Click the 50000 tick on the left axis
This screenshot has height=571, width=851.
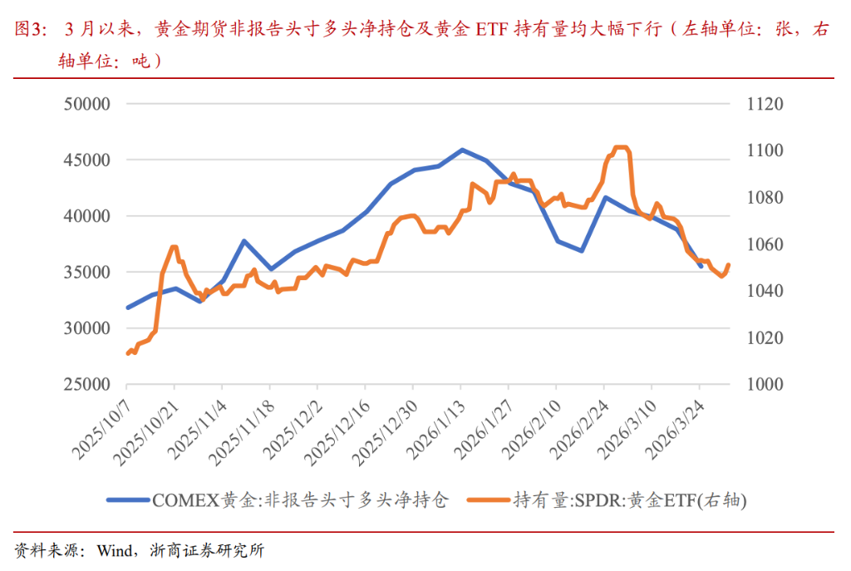pyautogui.click(x=88, y=104)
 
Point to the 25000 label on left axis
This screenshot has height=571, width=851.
pyautogui.click(x=88, y=385)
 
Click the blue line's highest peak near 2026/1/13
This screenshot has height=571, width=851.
pyautogui.click(x=463, y=150)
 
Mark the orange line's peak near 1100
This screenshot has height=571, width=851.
pyautogui.click(x=621, y=147)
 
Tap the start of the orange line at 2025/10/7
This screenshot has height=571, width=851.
pyautogui.click(x=127, y=353)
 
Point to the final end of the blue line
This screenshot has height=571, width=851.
pyautogui.click(x=701, y=266)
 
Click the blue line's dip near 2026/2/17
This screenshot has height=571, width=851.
pyautogui.click(x=582, y=250)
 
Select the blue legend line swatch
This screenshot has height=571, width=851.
pyautogui.click(x=127, y=500)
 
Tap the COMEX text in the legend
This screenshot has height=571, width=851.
pyautogui.click(x=184, y=500)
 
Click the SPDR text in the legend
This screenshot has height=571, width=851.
pyautogui.click(x=597, y=500)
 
